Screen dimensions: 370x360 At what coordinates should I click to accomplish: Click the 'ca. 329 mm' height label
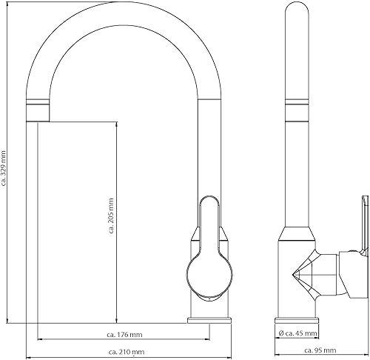coord(4,167)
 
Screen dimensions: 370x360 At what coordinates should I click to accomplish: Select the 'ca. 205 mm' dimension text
coord(111,216)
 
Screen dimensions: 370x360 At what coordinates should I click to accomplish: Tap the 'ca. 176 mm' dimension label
coord(124,335)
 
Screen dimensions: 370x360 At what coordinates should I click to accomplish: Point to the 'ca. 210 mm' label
coord(127,352)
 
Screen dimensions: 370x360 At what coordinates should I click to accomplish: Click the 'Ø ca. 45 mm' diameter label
coord(297,333)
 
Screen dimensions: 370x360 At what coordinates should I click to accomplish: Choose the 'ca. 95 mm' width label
coord(320,350)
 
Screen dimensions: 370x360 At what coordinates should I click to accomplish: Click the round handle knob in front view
coord(209,275)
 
